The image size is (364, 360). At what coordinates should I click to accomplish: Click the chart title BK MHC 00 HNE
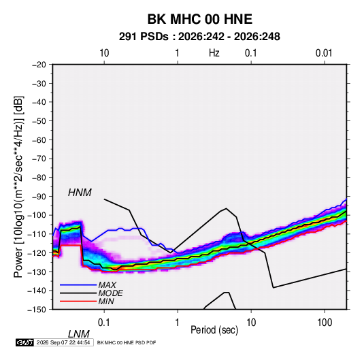point(200,19)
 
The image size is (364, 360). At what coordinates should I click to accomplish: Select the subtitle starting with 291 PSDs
point(199,37)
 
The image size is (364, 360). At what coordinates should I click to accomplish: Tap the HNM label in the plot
point(80,193)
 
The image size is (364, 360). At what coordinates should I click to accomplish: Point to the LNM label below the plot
point(78,334)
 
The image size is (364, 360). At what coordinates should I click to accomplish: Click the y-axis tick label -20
point(39,65)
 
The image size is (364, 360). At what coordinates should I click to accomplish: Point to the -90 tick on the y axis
point(39,197)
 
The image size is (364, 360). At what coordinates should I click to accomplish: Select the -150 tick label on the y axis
point(37,310)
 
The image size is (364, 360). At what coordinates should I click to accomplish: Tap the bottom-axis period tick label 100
point(325,323)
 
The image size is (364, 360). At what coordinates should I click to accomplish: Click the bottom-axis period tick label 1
point(178,323)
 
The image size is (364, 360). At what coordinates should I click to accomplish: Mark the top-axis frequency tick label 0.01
point(324,53)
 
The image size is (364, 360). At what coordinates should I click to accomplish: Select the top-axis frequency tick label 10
point(104,53)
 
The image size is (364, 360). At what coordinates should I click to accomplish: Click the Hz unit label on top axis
point(214,53)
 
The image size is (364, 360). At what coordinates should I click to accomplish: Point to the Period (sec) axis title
point(214,330)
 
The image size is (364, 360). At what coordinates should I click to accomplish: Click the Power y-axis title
point(18,186)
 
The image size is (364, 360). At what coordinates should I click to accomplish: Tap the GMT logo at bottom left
point(25,342)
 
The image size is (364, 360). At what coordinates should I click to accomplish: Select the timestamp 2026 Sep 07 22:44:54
point(63,342)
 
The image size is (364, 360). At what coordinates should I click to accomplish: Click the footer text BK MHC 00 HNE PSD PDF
point(127,342)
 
